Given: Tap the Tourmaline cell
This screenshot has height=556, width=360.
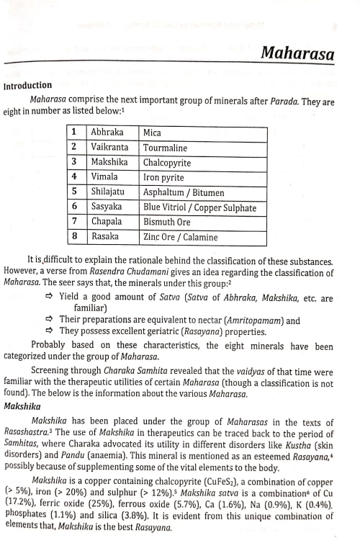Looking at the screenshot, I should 166,148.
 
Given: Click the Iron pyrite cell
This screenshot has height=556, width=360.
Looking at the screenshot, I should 164,177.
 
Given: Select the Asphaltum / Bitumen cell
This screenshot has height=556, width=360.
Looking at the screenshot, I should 184,192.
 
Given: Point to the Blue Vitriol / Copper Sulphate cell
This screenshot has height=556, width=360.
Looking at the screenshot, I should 199,207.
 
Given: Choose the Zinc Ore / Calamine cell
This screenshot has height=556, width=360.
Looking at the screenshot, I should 180,237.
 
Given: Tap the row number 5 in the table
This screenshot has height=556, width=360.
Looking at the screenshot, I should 75,192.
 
